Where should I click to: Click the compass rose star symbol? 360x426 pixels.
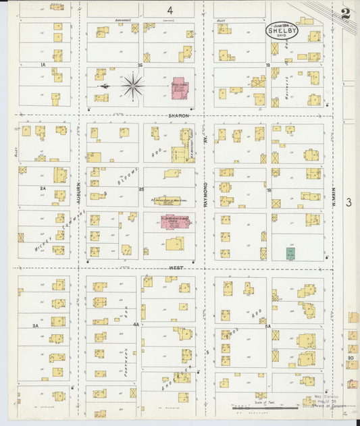click(x=132, y=86)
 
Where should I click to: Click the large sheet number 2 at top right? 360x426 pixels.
click(x=345, y=13)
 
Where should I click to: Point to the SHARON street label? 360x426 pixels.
click(x=178, y=115)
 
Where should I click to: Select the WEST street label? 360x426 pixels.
click(x=176, y=267)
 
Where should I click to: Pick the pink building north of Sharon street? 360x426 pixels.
click(x=179, y=88)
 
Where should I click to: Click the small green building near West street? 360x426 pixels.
click(x=290, y=254)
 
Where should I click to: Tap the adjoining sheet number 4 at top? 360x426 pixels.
click(x=170, y=11)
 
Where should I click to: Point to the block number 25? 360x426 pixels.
click(x=141, y=190)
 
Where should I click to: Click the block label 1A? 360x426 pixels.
click(x=42, y=65)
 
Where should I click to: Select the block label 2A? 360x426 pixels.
click(x=42, y=189)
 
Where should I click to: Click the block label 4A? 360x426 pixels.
click(x=136, y=325)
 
